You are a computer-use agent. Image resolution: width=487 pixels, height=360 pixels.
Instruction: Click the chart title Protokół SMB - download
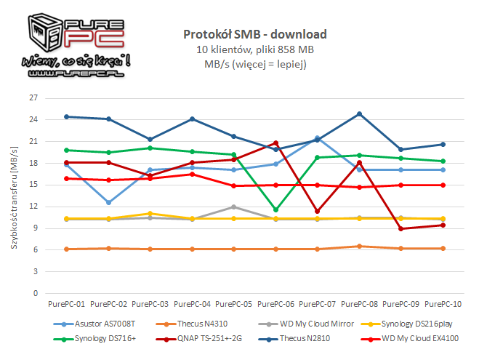pyautogui.click(x=255, y=34)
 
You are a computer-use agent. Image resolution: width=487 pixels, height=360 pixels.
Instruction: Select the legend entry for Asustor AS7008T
pyautogui.click(x=102, y=323)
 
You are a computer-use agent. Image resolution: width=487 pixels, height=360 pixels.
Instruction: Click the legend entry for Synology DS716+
pyautogui.click(x=102, y=338)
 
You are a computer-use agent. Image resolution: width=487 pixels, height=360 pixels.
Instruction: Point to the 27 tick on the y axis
pyautogui.click(x=32, y=97)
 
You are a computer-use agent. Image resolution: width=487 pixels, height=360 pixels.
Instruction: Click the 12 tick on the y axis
pyautogui.click(x=32, y=207)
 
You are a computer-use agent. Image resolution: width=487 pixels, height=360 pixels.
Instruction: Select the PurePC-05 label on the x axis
pyautogui.click(x=233, y=303)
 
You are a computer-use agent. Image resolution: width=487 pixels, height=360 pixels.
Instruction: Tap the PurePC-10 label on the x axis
pyautogui.click(x=442, y=303)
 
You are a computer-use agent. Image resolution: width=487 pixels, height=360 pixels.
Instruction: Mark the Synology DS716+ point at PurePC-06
pyautogui.click(x=275, y=209)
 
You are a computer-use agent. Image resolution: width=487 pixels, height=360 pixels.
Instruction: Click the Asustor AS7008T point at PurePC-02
pyautogui.click(x=109, y=202)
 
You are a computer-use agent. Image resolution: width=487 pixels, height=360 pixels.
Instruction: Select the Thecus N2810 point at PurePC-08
pyautogui.click(x=359, y=113)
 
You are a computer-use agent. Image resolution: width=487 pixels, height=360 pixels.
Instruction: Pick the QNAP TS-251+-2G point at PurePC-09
pyautogui.click(x=401, y=228)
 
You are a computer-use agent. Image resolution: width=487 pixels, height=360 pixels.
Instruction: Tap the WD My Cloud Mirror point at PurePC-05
pyautogui.click(x=233, y=207)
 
